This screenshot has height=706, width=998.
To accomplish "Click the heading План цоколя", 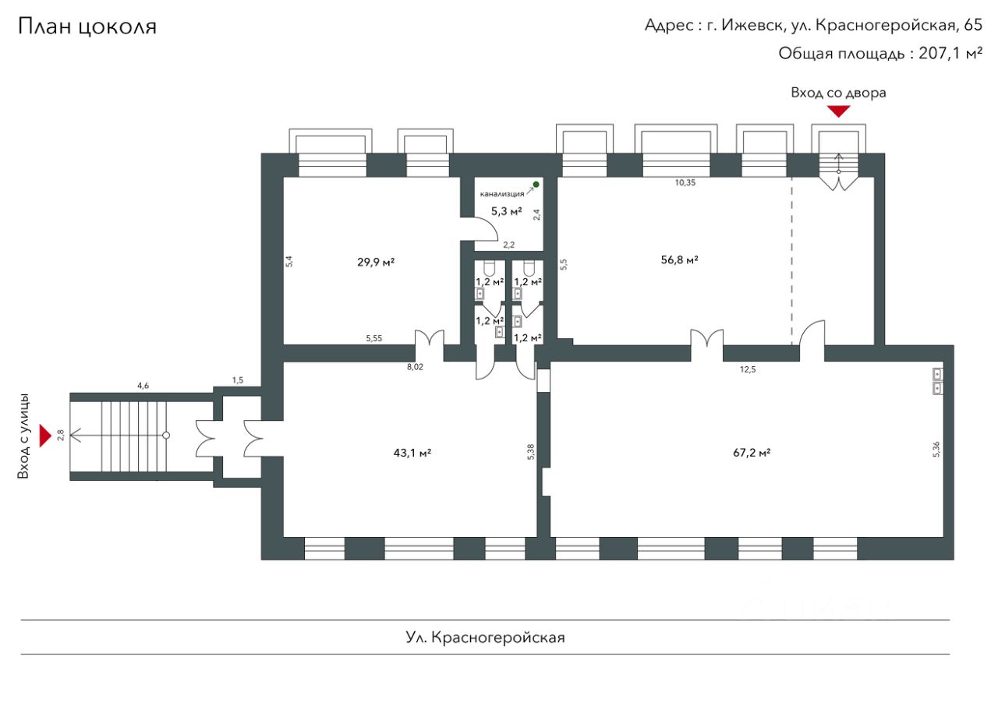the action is (x=87, y=26).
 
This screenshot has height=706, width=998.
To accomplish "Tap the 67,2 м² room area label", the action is (x=752, y=452).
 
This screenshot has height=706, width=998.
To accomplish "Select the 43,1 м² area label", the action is (x=413, y=452).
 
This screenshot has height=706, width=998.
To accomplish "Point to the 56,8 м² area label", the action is (x=679, y=259).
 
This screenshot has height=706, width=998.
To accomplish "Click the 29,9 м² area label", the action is (x=376, y=262).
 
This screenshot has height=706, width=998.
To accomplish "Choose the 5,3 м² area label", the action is (x=506, y=210).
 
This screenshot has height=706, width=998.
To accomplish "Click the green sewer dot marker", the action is (x=536, y=185).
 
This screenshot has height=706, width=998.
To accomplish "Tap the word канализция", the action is (x=501, y=194).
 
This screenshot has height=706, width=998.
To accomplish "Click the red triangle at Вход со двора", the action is (x=838, y=111).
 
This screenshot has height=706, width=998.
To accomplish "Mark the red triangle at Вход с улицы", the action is (x=45, y=435).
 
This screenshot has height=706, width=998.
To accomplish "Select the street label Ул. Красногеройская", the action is (x=485, y=637).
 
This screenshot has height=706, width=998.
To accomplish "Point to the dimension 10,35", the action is (x=685, y=182).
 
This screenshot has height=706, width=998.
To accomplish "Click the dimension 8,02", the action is (x=415, y=367).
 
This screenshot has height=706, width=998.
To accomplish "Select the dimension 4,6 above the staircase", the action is (x=143, y=385).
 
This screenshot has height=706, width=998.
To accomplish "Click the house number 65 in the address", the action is (x=973, y=25).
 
